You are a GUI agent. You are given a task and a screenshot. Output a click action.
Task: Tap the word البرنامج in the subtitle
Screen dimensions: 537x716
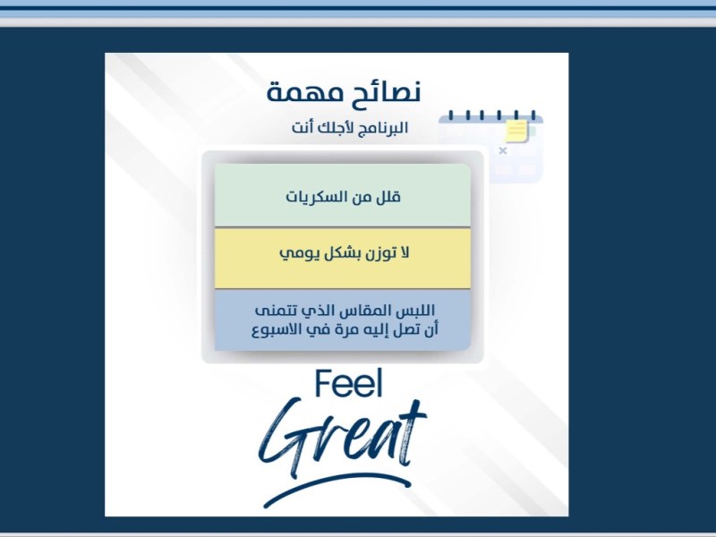click(x=377, y=128)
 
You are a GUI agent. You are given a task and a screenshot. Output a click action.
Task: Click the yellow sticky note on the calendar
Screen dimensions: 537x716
click(x=516, y=132)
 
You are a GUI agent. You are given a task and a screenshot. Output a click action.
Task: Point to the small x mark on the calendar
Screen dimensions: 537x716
click(x=502, y=150)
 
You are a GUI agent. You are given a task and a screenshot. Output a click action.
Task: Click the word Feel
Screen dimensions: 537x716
click(x=348, y=384)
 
